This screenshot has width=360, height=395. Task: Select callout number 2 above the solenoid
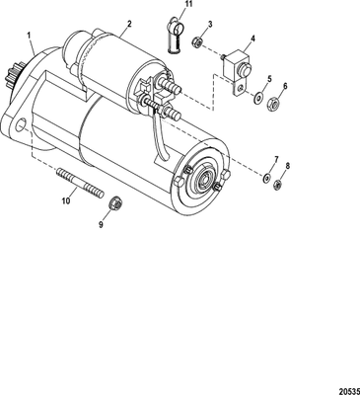(127, 22)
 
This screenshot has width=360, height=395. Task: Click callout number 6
(285, 87)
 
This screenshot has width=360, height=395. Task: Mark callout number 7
(276, 158)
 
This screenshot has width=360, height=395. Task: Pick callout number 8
(287, 167)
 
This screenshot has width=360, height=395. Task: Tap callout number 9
(99, 224)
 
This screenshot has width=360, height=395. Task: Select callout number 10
(66, 201)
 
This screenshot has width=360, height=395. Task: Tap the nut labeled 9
(114, 202)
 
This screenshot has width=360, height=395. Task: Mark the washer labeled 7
(266, 176)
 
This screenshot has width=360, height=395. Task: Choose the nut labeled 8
(278, 183)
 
